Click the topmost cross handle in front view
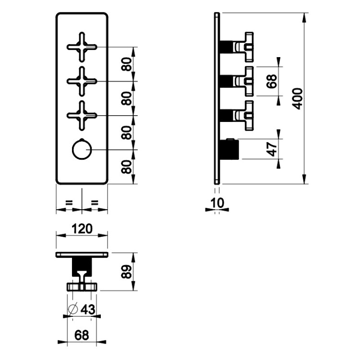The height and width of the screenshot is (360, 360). (x=82, y=47)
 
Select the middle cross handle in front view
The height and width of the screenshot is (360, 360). (x=82, y=81)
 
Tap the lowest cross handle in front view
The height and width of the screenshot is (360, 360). (x=82, y=115)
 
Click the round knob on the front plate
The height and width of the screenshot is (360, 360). (x=81, y=150)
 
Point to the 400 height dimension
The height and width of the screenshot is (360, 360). (x=298, y=98)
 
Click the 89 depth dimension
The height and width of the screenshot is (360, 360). (x=127, y=272)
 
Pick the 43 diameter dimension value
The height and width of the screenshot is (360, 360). (x=88, y=310)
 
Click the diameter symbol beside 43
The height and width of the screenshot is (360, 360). (x=73, y=310)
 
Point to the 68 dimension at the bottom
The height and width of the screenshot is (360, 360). (x=82, y=336)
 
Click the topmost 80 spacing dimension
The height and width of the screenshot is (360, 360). (x=127, y=64)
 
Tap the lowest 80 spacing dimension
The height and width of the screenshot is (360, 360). (x=127, y=167)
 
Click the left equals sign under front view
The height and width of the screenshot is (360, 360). (x=69, y=204)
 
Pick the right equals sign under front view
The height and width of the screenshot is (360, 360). (x=95, y=204)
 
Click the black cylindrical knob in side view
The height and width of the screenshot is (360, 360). (x=229, y=149)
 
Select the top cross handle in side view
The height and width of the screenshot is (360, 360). (x=244, y=47)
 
